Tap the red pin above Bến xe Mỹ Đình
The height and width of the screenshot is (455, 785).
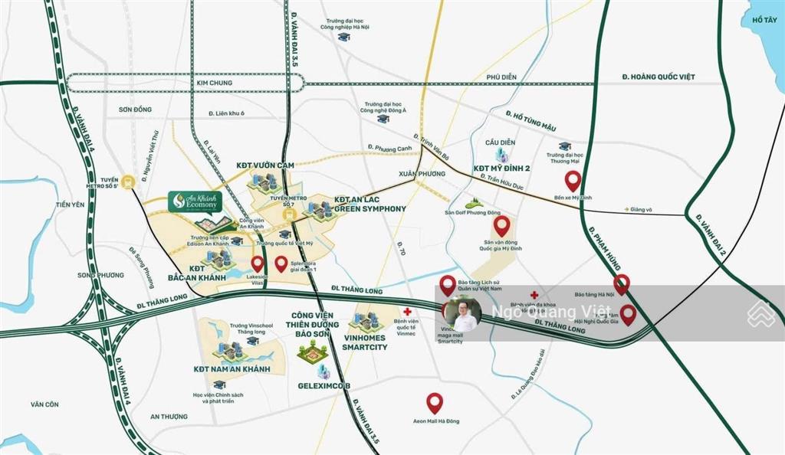coord(573,181)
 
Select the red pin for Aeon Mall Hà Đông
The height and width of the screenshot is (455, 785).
coord(435,401)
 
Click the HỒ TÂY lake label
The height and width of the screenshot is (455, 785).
coord(764,19)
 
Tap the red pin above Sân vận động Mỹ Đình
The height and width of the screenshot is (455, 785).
coord(502,225)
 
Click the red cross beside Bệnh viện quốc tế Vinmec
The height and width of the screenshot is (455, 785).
coord(409,311)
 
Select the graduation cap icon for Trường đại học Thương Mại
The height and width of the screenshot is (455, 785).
coord(565,146)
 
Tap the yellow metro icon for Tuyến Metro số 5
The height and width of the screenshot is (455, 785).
coord(129,182)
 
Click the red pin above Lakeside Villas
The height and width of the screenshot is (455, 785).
coord(258,264)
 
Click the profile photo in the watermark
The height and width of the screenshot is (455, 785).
coord(464,313)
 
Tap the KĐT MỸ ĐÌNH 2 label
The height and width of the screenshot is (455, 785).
coord(503,168)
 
